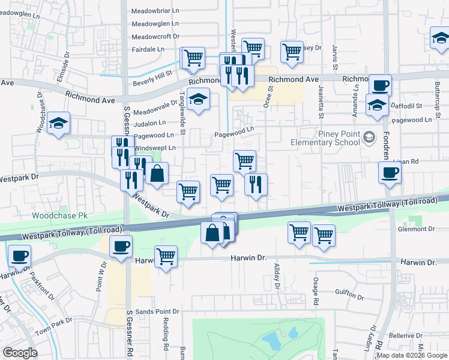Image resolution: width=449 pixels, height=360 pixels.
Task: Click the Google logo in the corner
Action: pos(20,353)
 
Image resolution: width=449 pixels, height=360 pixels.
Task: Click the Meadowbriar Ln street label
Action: pos(155,10)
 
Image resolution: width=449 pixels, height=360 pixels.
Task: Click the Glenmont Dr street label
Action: pos(415,229)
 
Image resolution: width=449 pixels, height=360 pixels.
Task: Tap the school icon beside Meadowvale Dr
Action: pos(198,99)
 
